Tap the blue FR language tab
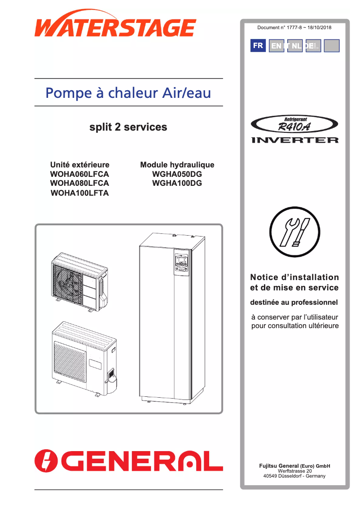(x=258, y=46)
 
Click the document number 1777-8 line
(x=294, y=28)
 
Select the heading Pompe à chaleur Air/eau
(x=128, y=93)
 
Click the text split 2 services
(x=128, y=127)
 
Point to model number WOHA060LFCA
(x=79, y=174)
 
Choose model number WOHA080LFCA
(x=79, y=183)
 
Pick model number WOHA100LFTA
(x=79, y=193)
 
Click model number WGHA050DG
(x=177, y=174)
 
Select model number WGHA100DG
(x=177, y=183)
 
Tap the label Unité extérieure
(x=79, y=165)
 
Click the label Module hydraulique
(x=177, y=165)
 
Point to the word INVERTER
(x=294, y=140)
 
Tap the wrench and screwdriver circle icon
(x=294, y=234)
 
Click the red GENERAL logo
(x=129, y=461)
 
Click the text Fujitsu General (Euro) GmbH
(x=294, y=465)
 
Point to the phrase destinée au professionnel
(x=294, y=303)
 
